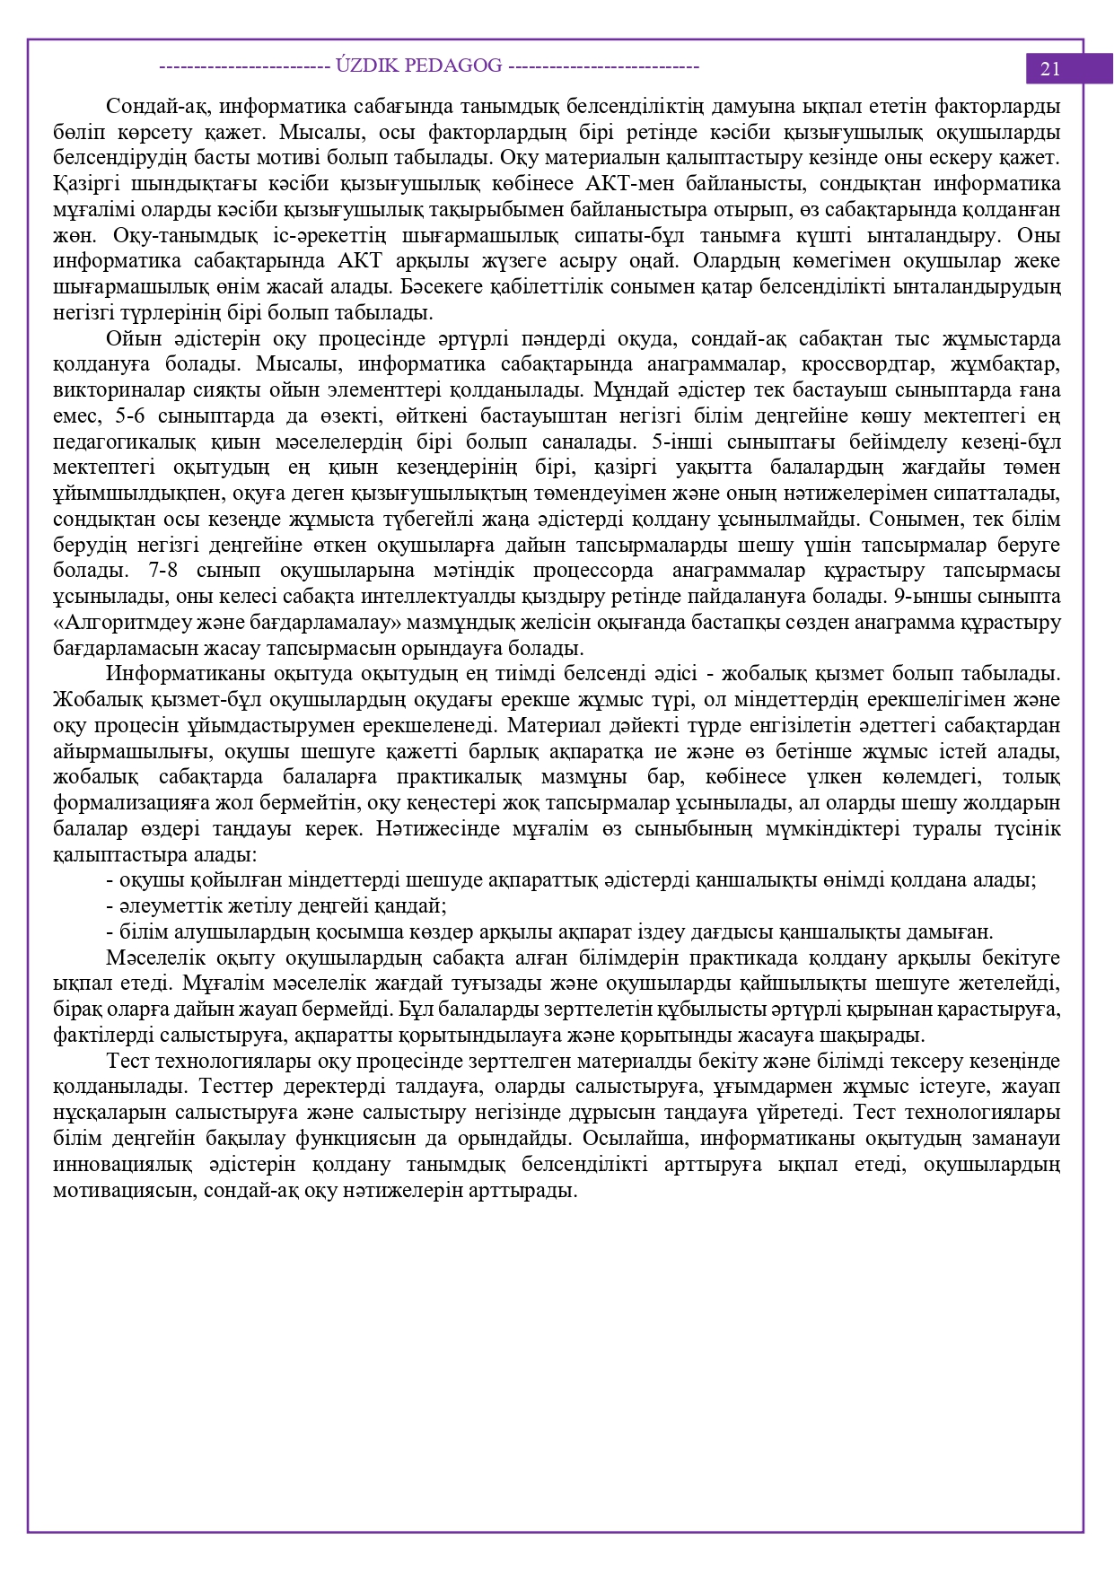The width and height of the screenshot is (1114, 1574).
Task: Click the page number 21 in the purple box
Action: (1049, 69)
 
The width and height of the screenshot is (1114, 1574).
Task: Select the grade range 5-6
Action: (132, 416)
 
